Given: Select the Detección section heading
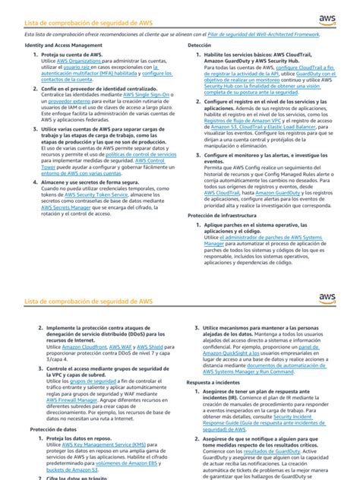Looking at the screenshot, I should tap(200, 47).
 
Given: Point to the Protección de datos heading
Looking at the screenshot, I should tap(52, 430).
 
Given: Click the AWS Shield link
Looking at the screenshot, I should tap(144, 345).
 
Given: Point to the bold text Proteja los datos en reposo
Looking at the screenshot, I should tap(84, 438).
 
